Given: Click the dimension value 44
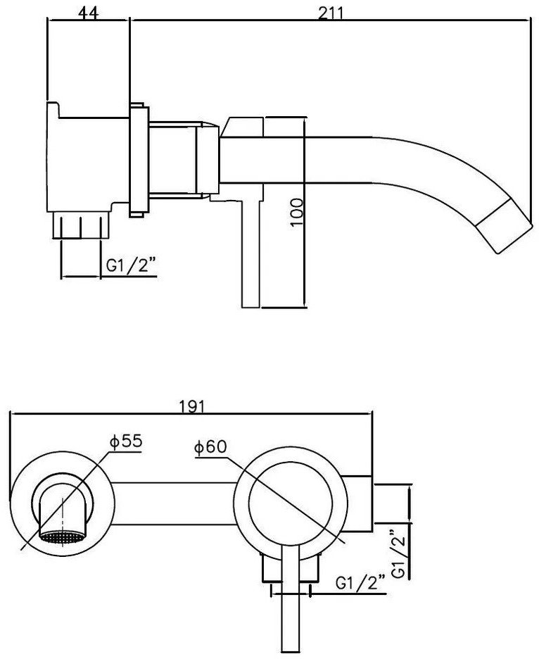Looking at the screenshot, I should pyautogui.click(x=88, y=14).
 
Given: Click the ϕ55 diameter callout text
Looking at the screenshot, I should pyautogui.click(x=126, y=441).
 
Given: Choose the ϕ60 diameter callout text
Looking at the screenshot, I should pyautogui.click(x=209, y=446).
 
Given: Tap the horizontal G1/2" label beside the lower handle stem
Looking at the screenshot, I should pyautogui.click(x=360, y=584).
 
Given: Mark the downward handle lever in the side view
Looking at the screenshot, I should pyautogui.click(x=251, y=253).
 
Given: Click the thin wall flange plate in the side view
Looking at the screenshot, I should pyautogui.click(x=139, y=159).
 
